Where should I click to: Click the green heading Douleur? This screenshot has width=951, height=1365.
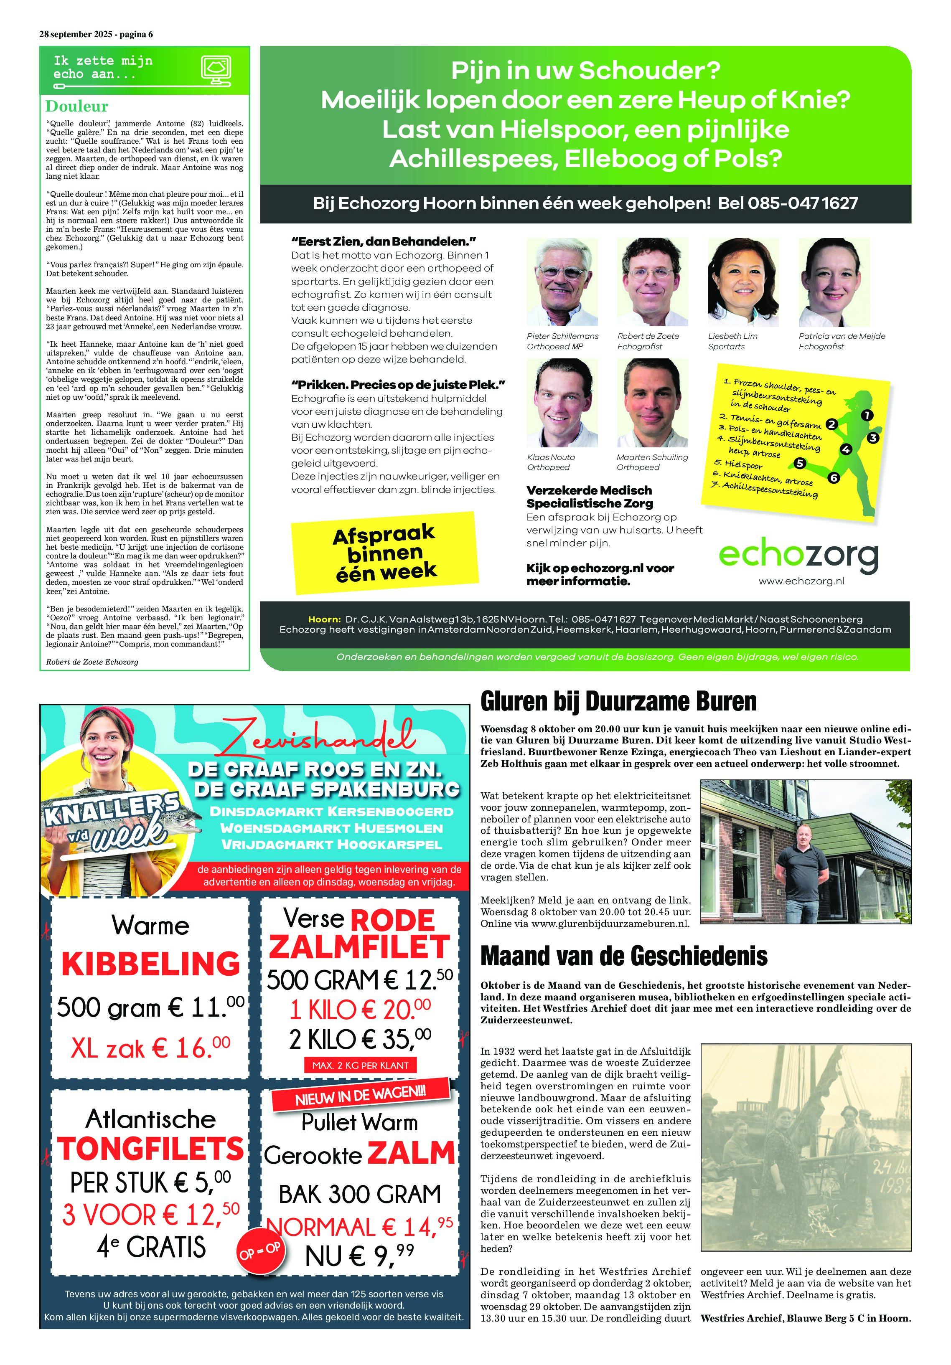coord(77,107)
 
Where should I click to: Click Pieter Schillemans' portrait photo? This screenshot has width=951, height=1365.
coord(562,282)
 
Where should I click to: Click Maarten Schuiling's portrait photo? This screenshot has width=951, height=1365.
coord(652,403)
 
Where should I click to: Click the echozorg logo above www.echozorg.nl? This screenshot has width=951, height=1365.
coord(798,556)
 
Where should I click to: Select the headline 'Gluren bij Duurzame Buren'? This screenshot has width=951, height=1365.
coord(618,702)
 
